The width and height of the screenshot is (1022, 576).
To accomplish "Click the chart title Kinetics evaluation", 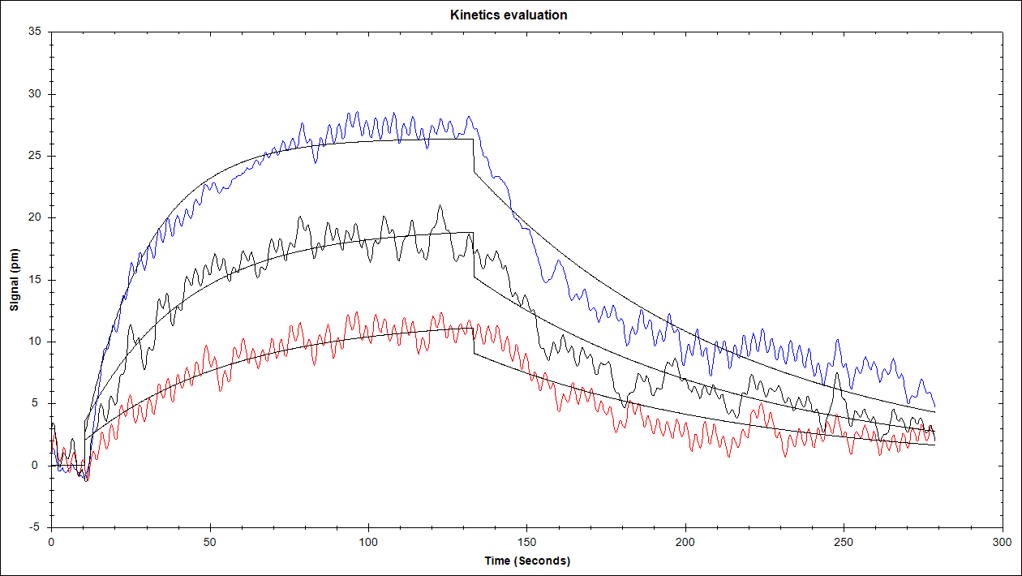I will click(x=509, y=15).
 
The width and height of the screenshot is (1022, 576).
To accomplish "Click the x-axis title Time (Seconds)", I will click(x=526, y=561).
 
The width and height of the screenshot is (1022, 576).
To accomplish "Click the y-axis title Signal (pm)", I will click(x=14, y=280).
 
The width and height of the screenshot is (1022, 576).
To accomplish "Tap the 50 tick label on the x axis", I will click(x=209, y=541).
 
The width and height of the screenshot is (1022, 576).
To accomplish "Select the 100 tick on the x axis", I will click(x=368, y=541).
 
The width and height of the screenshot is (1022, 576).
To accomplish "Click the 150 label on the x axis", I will click(x=526, y=541).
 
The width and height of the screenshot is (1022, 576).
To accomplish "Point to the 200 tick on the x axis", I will click(x=685, y=541).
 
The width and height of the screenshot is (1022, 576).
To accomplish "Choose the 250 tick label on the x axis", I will click(x=844, y=541).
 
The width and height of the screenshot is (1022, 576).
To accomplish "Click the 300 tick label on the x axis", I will click(x=1003, y=541).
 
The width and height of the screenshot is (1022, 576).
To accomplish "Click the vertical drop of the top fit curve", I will click(x=473, y=156).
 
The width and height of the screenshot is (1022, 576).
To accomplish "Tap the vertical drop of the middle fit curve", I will click(x=473, y=255).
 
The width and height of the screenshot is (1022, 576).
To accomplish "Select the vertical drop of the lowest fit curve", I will click(x=473, y=341).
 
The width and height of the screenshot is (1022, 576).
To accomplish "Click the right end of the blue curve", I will click(x=934, y=406).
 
